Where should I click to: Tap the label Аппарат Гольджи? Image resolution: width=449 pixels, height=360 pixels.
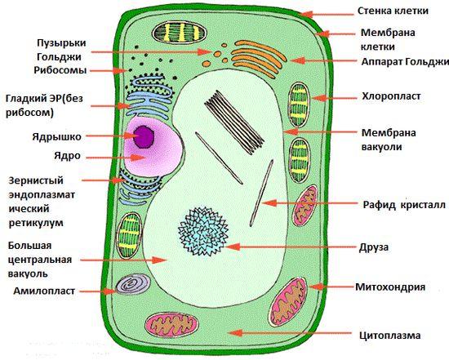(x=405, y=61)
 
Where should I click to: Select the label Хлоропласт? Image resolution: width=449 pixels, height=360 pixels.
(x=391, y=96)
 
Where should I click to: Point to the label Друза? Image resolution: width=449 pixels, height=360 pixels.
(x=374, y=247)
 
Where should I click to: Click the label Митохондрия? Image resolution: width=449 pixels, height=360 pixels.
(x=390, y=287)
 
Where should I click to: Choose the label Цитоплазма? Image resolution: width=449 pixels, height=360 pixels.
(x=390, y=336)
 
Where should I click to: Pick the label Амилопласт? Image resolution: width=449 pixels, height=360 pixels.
(x=44, y=291)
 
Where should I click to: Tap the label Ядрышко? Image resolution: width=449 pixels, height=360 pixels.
(x=56, y=137)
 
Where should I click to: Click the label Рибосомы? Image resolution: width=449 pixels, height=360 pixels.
(x=60, y=70)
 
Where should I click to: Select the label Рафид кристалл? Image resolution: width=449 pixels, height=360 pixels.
(x=404, y=205)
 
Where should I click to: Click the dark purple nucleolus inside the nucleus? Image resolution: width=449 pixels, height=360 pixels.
(x=144, y=137)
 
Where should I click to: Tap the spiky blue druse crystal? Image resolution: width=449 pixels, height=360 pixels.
(x=203, y=231)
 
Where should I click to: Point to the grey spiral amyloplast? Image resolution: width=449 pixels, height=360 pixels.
(x=133, y=285)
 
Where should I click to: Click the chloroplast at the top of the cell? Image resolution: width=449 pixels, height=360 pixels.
(x=180, y=32)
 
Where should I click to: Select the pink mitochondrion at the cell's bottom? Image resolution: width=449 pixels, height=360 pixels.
(x=171, y=326)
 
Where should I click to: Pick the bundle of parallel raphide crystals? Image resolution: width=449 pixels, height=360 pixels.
(x=233, y=122)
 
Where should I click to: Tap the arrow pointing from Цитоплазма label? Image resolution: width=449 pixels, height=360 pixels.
(x=289, y=333)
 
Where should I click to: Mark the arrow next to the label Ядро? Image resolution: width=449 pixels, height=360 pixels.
(x=116, y=158)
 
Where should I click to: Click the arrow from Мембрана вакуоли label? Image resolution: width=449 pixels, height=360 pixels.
(x=320, y=132)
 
